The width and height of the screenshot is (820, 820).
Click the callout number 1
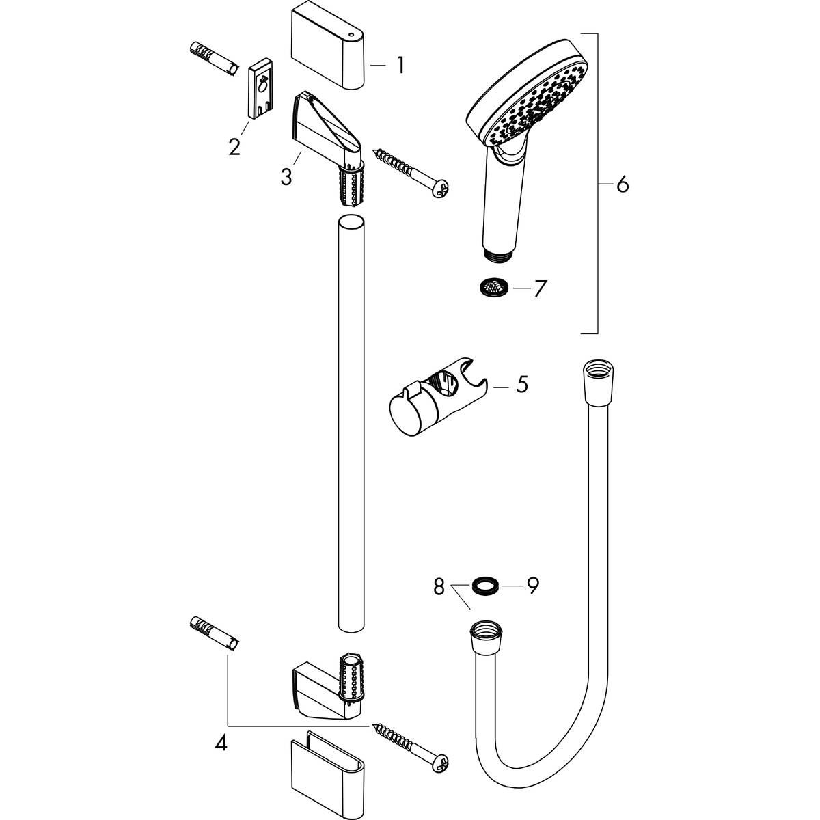[400, 66]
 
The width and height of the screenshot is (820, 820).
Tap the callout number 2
[234, 146]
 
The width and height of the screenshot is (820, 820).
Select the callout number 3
[286, 176]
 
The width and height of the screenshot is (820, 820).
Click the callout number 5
[522, 385]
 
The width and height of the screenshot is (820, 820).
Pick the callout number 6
[621, 185]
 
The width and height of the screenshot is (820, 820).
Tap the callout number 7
[539, 288]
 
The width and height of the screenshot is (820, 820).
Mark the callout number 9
[532, 585]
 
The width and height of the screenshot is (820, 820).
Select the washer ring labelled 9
[484, 585]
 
